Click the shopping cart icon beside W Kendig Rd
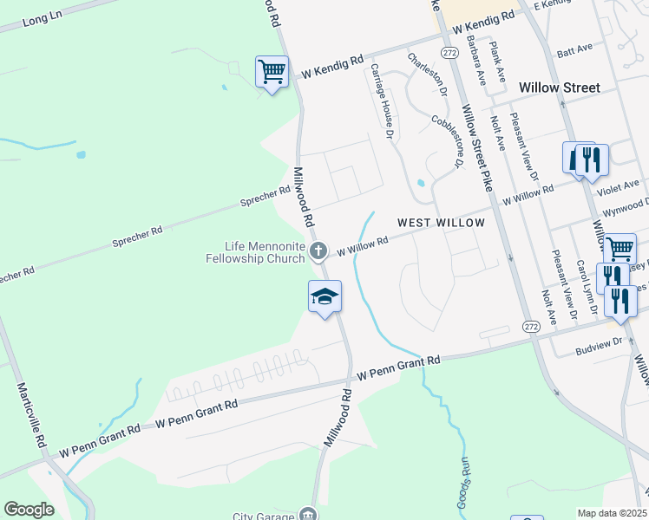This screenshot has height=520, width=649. click(272, 71)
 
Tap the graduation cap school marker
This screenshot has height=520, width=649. click(325, 297)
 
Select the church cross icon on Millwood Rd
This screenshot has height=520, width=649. click(318, 251)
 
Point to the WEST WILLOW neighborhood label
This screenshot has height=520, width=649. click(441, 223)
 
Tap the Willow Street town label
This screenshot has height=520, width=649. click(559, 88)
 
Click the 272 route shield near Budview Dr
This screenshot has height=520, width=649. click(531, 326)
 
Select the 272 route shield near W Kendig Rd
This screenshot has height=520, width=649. click(449, 53)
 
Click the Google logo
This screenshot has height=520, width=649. click(29, 510)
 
